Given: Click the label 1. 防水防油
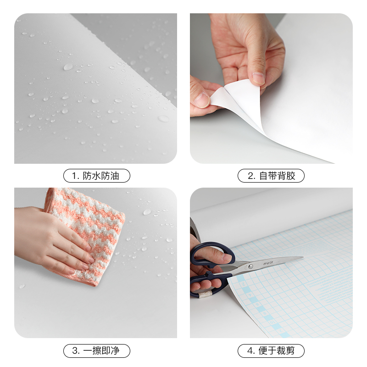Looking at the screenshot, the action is click(x=97, y=176).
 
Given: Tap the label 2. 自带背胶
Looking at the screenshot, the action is click(x=271, y=176).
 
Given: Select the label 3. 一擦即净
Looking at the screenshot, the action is click(x=97, y=350).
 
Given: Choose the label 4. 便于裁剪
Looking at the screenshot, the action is click(x=271, y=350).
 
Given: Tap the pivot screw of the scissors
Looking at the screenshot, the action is click(x=250, y=267).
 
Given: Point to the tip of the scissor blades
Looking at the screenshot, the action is click(x=303, y=258).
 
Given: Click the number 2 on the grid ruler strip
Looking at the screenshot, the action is click(x=244, y=284).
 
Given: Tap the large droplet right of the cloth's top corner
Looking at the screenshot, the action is click(x=147, y=212).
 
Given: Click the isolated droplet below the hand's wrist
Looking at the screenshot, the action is click(x=22, y=286).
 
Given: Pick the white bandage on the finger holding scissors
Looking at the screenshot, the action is click(x=206, y=294).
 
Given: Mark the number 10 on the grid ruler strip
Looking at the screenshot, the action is click(x=272, y=323).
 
